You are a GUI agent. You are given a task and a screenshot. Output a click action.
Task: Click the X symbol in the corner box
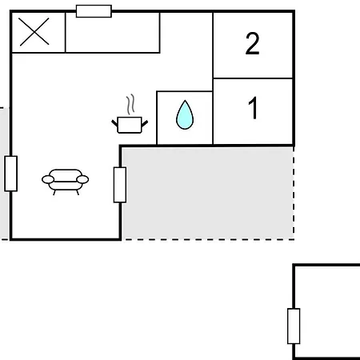pos(34,32)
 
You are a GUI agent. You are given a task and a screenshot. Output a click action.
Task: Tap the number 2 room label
pos(252,43)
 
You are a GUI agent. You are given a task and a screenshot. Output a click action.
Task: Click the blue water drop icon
pos(185,114)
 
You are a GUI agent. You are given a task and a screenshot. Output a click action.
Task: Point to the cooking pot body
pos(130,125)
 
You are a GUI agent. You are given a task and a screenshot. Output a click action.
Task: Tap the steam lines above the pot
pos(130,104)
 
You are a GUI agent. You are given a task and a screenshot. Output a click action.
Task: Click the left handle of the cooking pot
pos(114,123)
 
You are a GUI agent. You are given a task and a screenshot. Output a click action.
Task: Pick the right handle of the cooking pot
pos(145,123)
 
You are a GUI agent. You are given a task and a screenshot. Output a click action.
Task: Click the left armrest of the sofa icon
pos(48,179)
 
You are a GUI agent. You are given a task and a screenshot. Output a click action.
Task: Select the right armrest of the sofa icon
pos(82,179)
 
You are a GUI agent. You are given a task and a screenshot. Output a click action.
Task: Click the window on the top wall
pos(94,11)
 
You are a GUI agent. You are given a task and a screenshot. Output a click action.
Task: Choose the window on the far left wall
pos(11,174)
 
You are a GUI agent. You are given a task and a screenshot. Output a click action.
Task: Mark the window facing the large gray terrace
pos(120,185)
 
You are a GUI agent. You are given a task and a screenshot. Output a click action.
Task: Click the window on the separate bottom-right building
pos(294,326)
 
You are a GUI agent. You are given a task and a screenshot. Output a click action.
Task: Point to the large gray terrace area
pos(208,193)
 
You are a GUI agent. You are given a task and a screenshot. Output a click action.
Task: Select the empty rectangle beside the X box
pos(113,33)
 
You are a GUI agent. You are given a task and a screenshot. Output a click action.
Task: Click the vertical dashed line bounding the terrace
pos(294,193)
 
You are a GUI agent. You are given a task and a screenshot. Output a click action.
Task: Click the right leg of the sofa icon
pos(78,192)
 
